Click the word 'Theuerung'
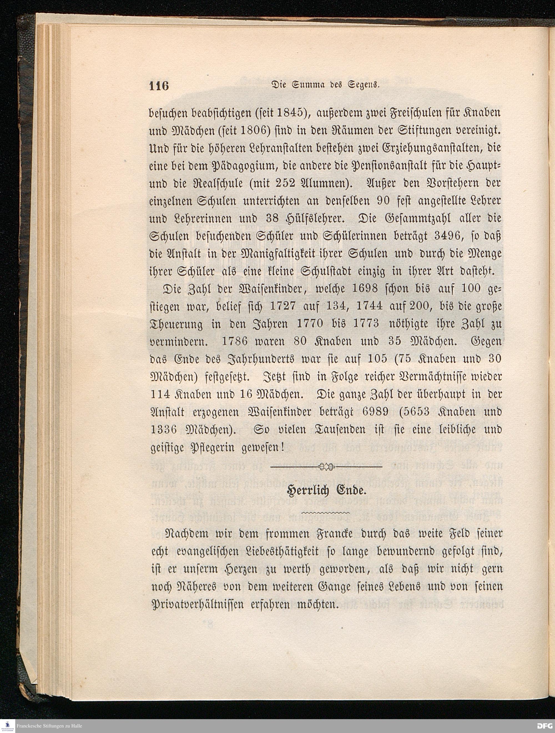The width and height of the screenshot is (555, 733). [178, 324]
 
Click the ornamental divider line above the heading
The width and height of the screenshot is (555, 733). [327, 467]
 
